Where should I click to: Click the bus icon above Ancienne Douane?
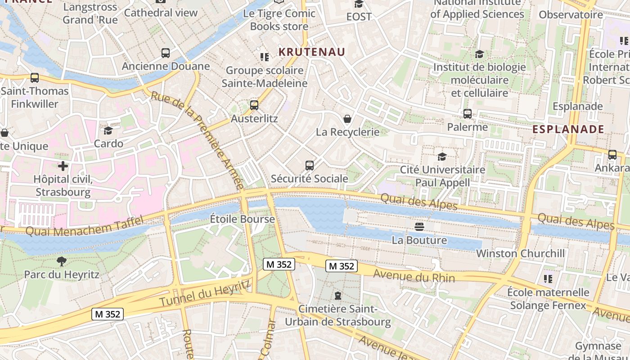click(166, 53)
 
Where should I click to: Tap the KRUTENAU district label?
click(312, 52)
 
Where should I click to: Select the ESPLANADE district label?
click(568, 130)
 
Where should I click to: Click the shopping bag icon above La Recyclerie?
click(347, 119)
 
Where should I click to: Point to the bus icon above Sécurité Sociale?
click(309, 166)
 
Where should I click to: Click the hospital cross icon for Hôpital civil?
click(63, 166)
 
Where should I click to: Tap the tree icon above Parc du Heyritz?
click(62, 261)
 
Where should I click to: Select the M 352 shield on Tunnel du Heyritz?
click(108, 314)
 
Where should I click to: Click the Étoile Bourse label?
click(242, 219)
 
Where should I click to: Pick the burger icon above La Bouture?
click(419, 226)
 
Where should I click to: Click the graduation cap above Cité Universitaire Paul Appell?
click(442, 157)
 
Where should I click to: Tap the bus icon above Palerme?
click(468, 114)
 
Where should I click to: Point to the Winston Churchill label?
click(520, 253)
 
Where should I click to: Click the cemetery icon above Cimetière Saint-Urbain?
click(337, 296)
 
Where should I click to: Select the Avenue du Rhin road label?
click(414, 276)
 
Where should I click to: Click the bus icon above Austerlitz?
click(254, 105)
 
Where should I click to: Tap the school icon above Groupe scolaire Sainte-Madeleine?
click(265, 57)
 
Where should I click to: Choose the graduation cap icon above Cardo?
click(108, 130)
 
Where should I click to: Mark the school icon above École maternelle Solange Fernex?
click(548, 279)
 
